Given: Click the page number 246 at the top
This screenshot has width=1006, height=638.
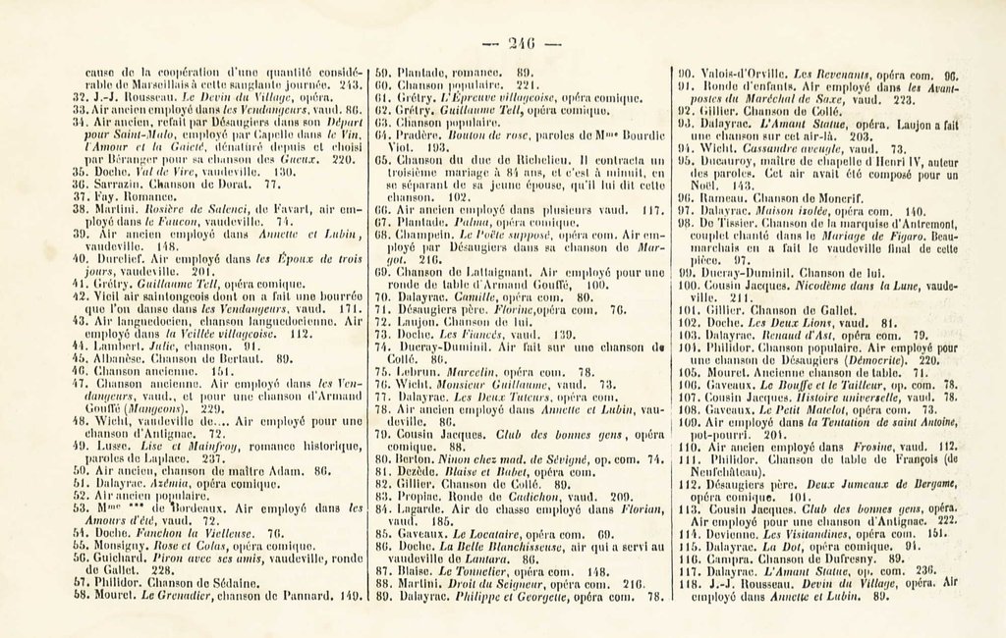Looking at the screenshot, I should pos(523,42).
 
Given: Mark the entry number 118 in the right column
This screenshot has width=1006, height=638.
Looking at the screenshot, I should pos(688,582).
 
